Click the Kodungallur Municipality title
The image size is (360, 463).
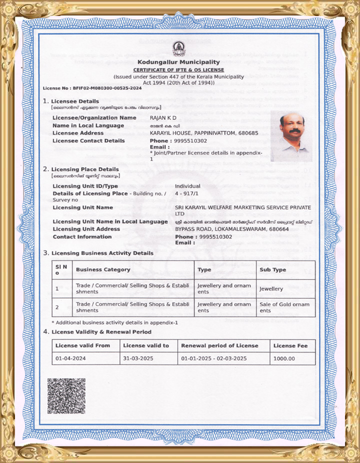pyautogui.click(x=178, y=62)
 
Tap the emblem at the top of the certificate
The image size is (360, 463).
pyautogui.click(x=178, y=48)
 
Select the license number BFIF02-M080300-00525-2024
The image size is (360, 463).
pyautogui.click(x=107, y=88)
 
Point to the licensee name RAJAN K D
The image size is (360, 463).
pyautogui.click(x=163, y=117)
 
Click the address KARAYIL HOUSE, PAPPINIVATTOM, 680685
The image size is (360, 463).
pyautogui.click(x=204, y=133)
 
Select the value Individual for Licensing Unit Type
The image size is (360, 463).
pyautogui.click(x=187, y=186)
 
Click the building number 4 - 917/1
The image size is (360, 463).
pyautogui.click(x=186, y=193)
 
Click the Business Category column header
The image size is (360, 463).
pyautogui.click(x=103, y=269)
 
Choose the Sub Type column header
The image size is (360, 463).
pyautogui.click(x=272, y=269)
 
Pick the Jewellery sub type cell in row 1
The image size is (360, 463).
pyautogui.click(x=271, y=288)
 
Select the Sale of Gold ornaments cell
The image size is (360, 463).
pyautogui.click(x=284, y=307)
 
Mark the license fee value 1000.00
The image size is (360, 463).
pyautogui.click(x=284, y=358)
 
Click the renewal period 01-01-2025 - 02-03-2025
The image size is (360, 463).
pyautogui.click(x=214, y=358)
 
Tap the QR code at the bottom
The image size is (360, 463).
pyautogui.click(x=66, y=396)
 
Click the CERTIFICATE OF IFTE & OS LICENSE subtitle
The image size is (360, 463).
pyautogui.click(x=178, y=69)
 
